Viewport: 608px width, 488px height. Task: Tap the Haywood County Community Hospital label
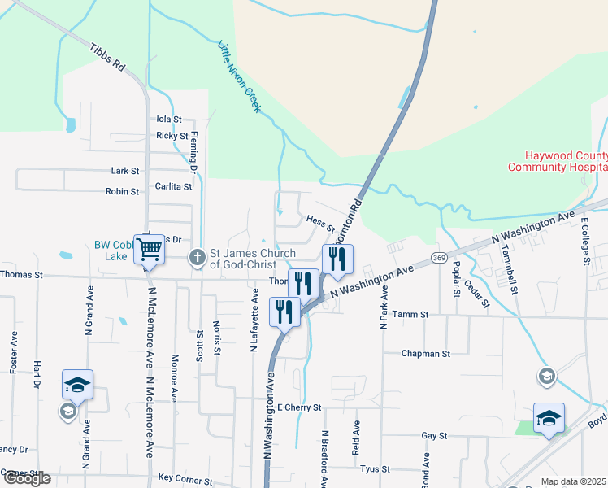pyautogui.click(x=557, y=161)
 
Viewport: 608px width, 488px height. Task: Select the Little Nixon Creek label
pyautogui.click(x=239, y=77)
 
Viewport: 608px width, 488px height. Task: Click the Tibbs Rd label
pyautogui.click(x=107, y=56)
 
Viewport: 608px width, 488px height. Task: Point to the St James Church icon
pyautogui.click(x=196, y=258)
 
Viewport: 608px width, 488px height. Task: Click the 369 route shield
pyautogui.click(x=438, y=258)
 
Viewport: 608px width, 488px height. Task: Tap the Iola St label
pyautogui.click(x=169, y=119)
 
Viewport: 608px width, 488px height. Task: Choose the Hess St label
pyautogui.click(x=321, y=221)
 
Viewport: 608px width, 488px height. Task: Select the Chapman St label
pyautogui.click(x=426, y=354)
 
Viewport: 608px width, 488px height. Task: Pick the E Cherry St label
pyautogui.click(x=299, y=407)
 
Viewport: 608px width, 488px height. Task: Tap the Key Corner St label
pyautogui.click(x=189, y=478)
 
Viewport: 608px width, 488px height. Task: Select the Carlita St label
pyautogui.click(x=173, y=186)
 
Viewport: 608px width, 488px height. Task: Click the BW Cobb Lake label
pyautogui.click(x=114, y=250)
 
